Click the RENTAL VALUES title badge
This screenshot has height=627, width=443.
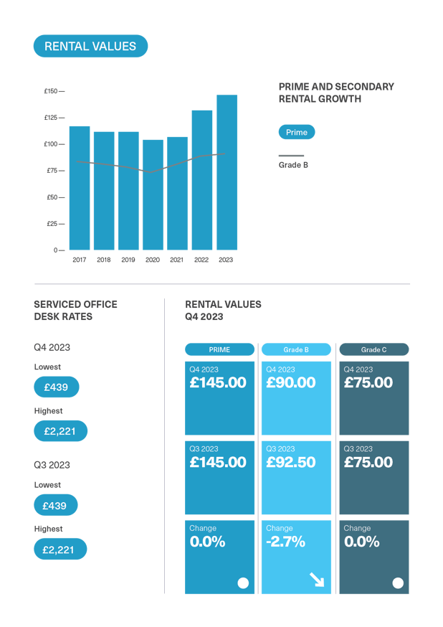pyautogui.click(x=90, y=47)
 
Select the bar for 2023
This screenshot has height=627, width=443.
pyautogui.click(x=227, y=172)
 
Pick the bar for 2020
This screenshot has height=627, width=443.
pyautogui.click(x=153, y=194)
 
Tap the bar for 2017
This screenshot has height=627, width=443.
pyautogui.click(x=80, y=188)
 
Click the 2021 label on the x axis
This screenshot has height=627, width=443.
pyautogui.click(x=177, y=260)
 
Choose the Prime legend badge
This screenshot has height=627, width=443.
pyautogui.click(x=296, y=132)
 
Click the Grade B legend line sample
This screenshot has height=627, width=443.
pyautogui.click(x=291, y=155)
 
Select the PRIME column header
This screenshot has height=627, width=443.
pyautogui.click(x=219, y=349)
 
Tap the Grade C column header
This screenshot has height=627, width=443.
pyautogui.click(x=373, y=349)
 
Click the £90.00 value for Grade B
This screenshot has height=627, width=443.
pyautogui.click(x=291, y=383)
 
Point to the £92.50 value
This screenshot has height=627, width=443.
pyautogui.click(x=291, y=463)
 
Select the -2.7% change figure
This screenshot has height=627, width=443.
pyautogui.click(x=285, y=542)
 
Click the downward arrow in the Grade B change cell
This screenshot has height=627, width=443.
pyautogui.click(x=316, y=580)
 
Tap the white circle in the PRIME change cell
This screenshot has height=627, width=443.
pyautogui.click(x=243, y=583)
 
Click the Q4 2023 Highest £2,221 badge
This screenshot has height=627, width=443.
pyautogui.click(x=60, y=431)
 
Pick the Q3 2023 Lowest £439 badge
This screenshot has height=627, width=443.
pyautogui.click(x=55, y=506)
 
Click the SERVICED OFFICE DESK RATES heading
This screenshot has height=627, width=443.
pyautogui.click(x=75, y=310)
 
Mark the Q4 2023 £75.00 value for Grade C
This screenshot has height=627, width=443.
pyautogui.click(x=368, y=383)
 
